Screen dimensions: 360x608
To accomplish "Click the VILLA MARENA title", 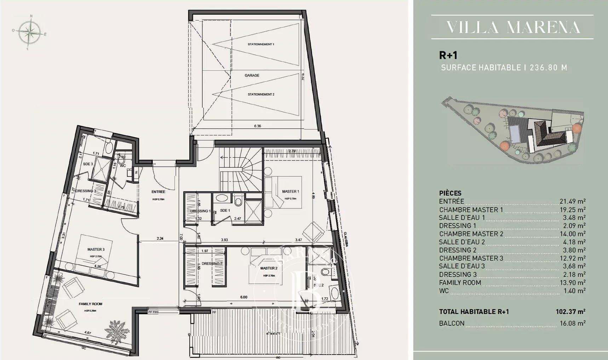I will pos(512,27).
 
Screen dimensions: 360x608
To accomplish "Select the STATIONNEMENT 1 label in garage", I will pos(261,44).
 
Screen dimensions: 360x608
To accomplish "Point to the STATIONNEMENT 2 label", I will pos(261,94).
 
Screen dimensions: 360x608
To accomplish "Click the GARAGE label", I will pos(252,75).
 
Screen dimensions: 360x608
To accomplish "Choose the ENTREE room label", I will pos(159,192).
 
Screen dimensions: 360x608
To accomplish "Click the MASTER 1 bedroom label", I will pos(291,191).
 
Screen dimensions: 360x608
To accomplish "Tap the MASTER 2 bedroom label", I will pos(269,268).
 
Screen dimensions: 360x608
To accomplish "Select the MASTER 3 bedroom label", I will pos(96,249).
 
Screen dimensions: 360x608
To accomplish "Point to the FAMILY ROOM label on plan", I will pos(91,304).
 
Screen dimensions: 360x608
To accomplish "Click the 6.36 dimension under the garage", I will pos(257,126).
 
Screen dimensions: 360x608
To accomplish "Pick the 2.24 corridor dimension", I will pos(160,238).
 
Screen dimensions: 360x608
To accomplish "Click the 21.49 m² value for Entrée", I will pos(572,201).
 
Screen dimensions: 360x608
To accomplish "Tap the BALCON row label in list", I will pos(452,323).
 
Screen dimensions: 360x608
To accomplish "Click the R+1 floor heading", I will pos(448,55).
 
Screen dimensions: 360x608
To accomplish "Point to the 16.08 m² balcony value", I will pos(572,323).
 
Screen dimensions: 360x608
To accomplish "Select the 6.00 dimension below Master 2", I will pos(244,297).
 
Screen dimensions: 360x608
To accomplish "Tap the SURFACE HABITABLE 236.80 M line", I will pos(504,68).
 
